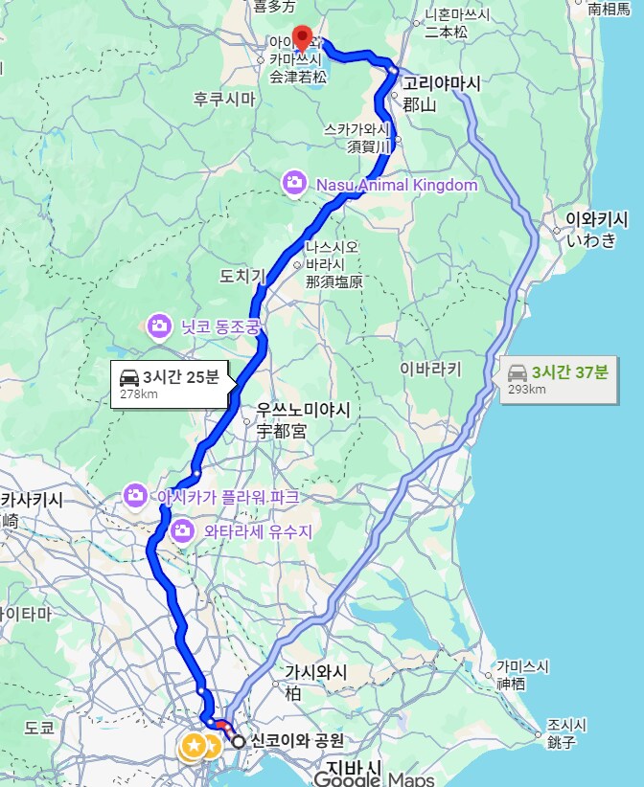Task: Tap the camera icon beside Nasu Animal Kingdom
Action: [293, 182]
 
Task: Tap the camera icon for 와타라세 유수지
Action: [181, 529]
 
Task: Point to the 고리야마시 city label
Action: [442, 83]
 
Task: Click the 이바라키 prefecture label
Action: [430, 369]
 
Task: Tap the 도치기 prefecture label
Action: [241, 277]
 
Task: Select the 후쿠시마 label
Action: [224, 99]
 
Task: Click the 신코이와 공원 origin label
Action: [295, 740]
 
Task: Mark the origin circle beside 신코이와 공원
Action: [239, 740]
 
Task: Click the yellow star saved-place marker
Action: [193, 745]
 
